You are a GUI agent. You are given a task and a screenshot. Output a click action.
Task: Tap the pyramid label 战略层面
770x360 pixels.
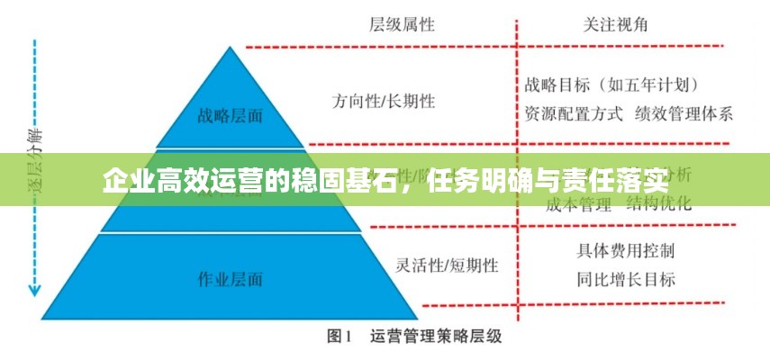click(231, 114)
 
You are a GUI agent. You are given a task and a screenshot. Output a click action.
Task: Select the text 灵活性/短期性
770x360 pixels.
click(447, 265)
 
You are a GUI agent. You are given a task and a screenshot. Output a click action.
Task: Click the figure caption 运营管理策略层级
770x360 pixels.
click(436, 338)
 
